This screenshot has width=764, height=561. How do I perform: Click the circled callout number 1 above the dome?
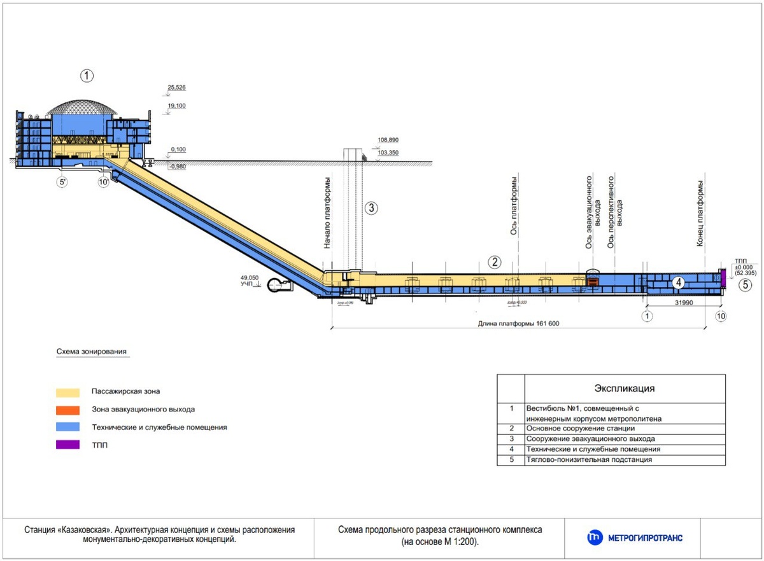(x=87, y=76)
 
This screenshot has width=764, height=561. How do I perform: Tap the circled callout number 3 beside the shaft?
(x=372, y=207)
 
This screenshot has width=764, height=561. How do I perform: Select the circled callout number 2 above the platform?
(x=495, y=261)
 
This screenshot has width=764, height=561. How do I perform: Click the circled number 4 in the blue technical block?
(x=679, y=282)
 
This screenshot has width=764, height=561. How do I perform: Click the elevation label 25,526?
(x=176, y=87)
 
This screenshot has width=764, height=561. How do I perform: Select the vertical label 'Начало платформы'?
(x=327, y=212)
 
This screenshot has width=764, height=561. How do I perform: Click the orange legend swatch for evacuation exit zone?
(x=67, y=410)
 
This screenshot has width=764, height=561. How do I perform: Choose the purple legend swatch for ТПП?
(x=67, y=445)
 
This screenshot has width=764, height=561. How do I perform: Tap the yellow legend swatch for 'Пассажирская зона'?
(x=67, y=392)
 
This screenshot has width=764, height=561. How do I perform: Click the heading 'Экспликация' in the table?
(x=624, y=388)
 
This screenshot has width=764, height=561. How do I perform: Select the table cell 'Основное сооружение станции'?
(x=572, y=429)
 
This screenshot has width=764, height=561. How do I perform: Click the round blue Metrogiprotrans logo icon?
(x=595, y=537)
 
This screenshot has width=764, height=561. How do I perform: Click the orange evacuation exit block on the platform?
(x=593, y=281)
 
